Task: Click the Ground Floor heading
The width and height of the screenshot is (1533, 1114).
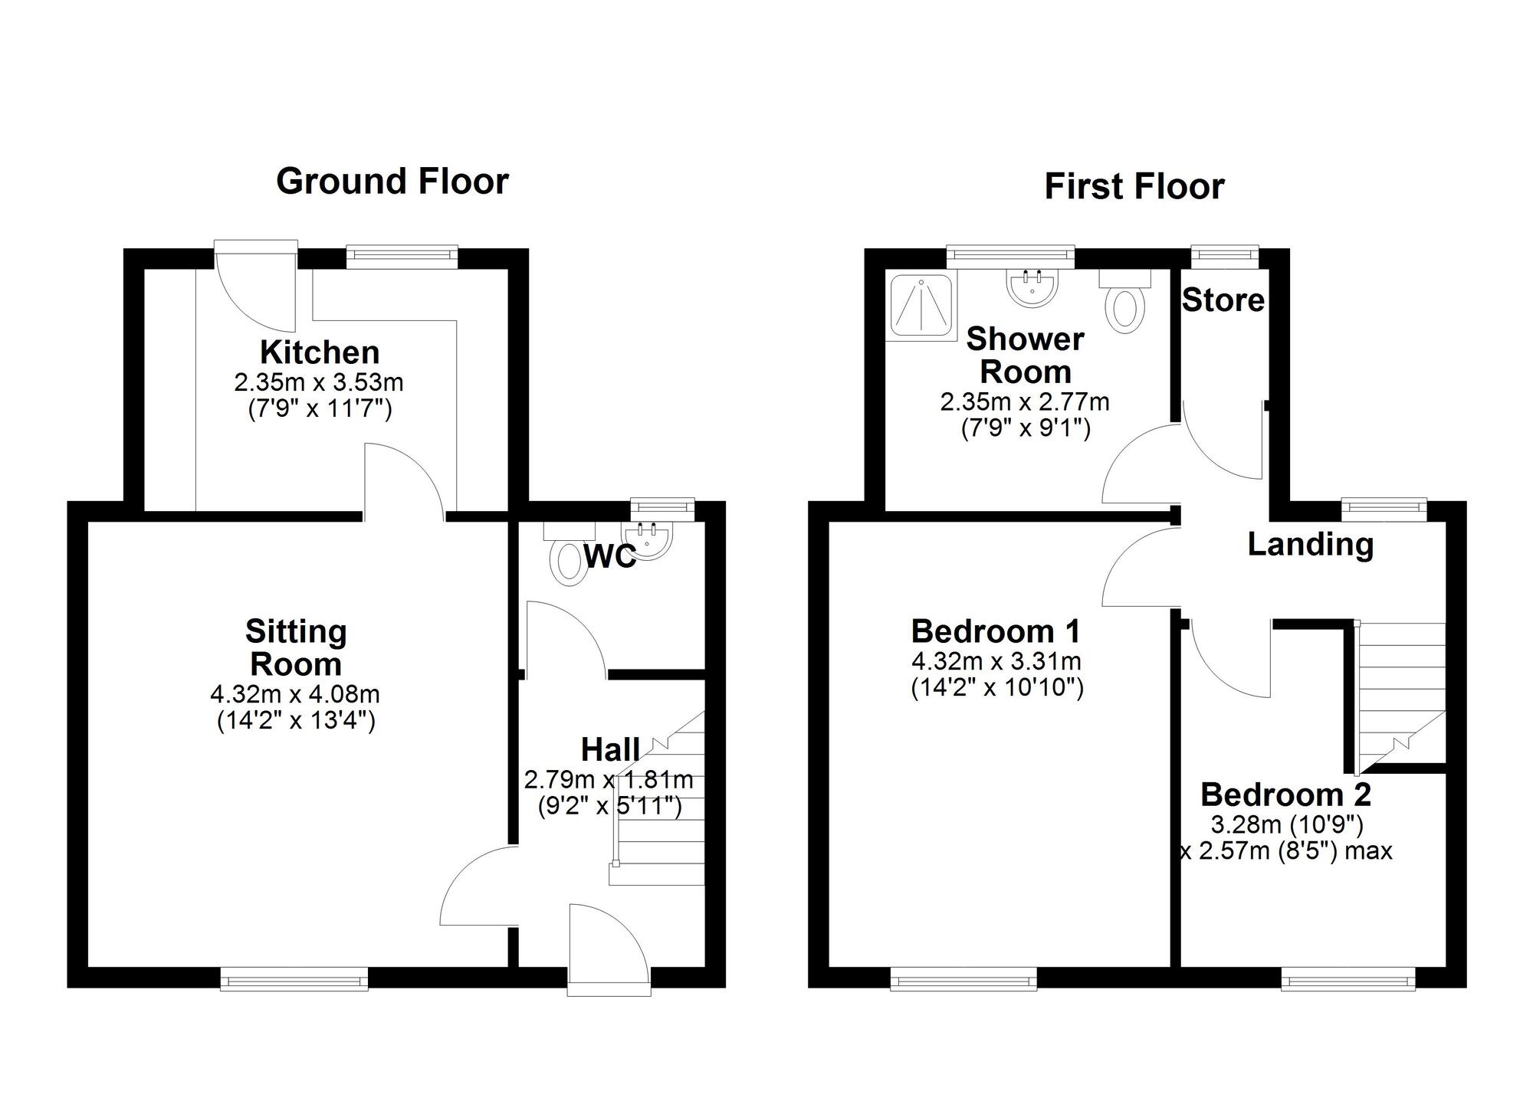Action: pos(392,182)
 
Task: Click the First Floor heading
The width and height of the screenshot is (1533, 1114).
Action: pos(1134,186)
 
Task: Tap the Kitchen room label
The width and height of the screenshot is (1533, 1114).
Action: pos(320,352)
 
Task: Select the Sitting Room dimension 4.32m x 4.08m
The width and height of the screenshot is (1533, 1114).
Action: pos(295,695)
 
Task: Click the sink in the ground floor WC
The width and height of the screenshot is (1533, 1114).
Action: pos(648,539)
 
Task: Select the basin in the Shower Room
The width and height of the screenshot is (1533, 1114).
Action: pos(1032,287)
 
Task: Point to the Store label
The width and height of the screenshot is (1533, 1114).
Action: pos(1223,300)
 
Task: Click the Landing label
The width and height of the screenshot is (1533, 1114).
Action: pos(1310,545)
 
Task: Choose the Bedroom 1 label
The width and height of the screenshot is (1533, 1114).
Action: pos(996,631)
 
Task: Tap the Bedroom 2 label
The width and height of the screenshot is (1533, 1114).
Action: pos(1285,795)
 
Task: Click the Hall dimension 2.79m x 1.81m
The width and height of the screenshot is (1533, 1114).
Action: pos(609,780)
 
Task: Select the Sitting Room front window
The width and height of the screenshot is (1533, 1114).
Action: pos(294,978)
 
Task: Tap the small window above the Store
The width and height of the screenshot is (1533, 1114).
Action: pos(1225,257)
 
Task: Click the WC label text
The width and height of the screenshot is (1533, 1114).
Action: pos(610,557)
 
